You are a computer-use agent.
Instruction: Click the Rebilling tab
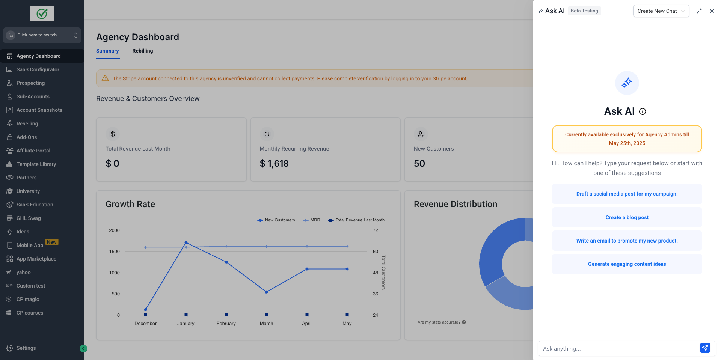[142, 51]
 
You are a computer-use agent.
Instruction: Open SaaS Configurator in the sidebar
[38, 69]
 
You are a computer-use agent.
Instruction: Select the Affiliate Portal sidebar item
[33, 151]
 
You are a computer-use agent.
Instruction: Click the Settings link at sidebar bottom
[26, 348]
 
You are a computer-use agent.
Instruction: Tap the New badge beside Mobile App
[52, 242]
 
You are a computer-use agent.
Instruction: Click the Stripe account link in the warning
[449, 78]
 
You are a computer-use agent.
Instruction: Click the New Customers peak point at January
[186, 243]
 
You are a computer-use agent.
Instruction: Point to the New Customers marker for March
[266, 292]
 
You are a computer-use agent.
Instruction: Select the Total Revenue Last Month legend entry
[356, 220]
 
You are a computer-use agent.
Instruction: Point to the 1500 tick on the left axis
[114, 252]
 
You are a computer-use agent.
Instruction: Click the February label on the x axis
[226, 323]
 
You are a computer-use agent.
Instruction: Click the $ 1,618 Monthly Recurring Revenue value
[274, 164]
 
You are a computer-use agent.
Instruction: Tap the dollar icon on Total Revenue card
[112, 134]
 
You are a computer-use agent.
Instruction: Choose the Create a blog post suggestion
[627, 217]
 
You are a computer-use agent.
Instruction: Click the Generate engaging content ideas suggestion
[627, 264]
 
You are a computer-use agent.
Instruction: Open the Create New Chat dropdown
[661, 11]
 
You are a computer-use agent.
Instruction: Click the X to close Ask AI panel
[712, 11]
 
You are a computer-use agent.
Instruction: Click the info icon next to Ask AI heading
[643, 111]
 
